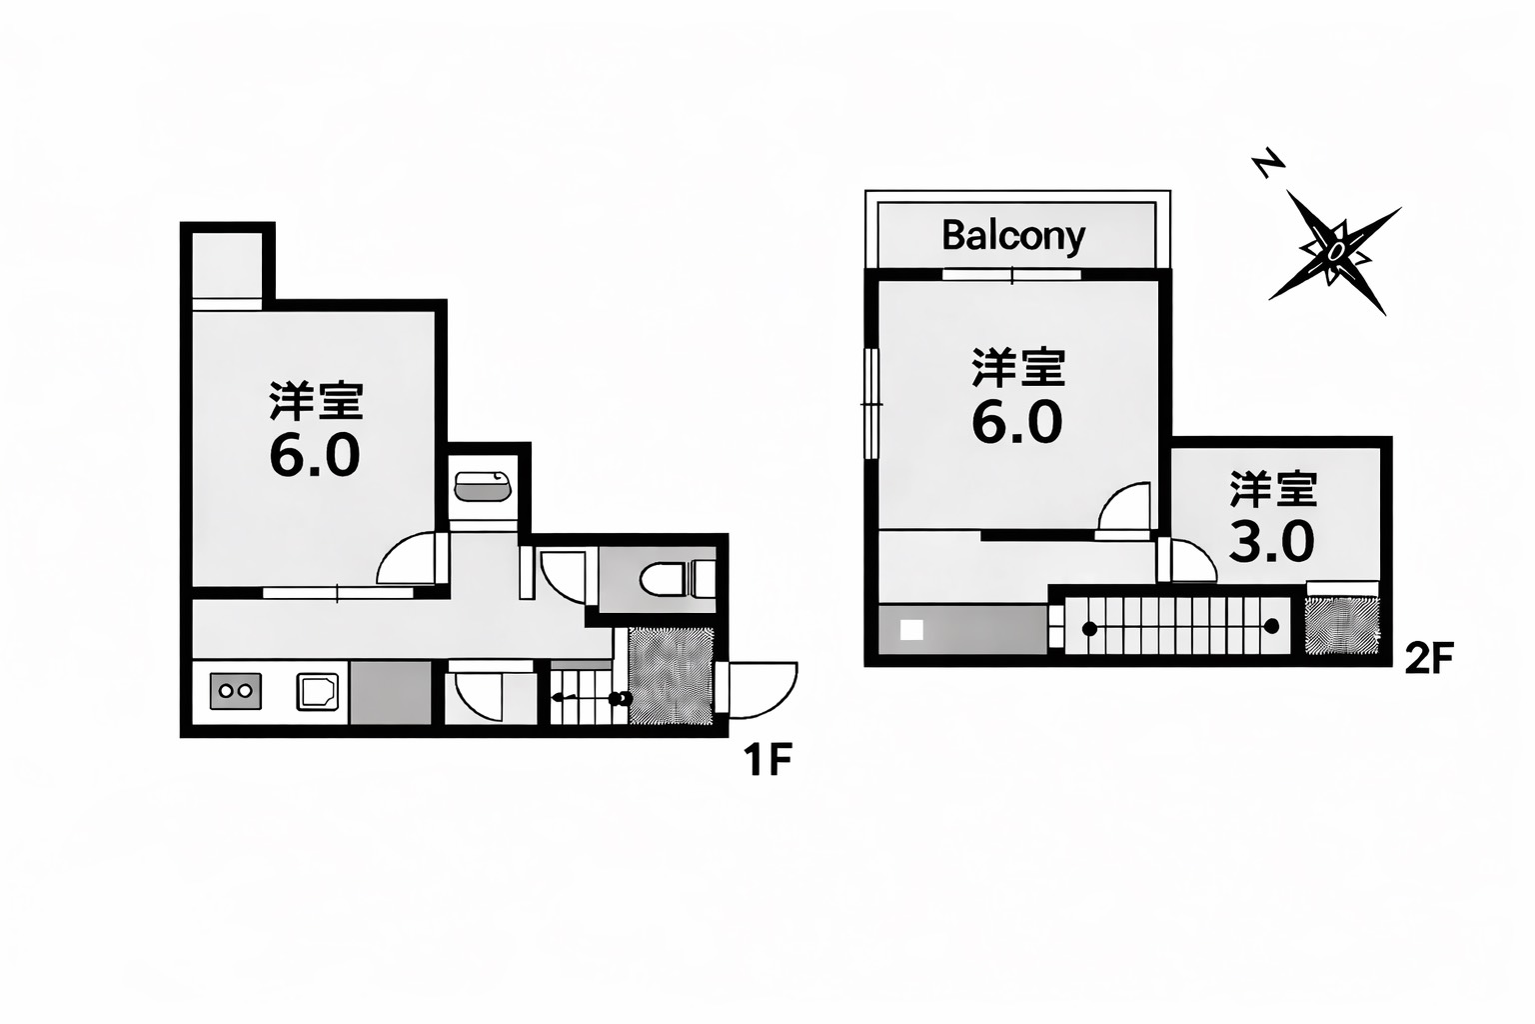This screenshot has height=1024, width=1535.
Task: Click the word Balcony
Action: click(1013, 237)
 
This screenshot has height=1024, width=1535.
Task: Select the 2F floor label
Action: click(1429, 658)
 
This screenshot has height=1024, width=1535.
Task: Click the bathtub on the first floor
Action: click(483, 487)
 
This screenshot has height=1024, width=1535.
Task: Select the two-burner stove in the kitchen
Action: click(235, 691)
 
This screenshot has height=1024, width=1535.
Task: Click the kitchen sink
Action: click(317, 691)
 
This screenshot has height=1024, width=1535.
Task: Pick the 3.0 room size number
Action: click(1272, 542)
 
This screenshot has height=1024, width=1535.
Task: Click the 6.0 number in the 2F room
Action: click(1017, 422)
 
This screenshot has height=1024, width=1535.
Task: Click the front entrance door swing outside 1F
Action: click(757, 689)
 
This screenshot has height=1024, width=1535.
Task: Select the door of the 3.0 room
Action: click(1187, 560)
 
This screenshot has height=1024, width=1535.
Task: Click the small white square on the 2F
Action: click(911, 630)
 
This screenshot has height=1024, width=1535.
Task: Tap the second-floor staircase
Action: click(1177, 626)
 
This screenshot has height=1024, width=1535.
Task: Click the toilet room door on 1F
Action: click(557, 577)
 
